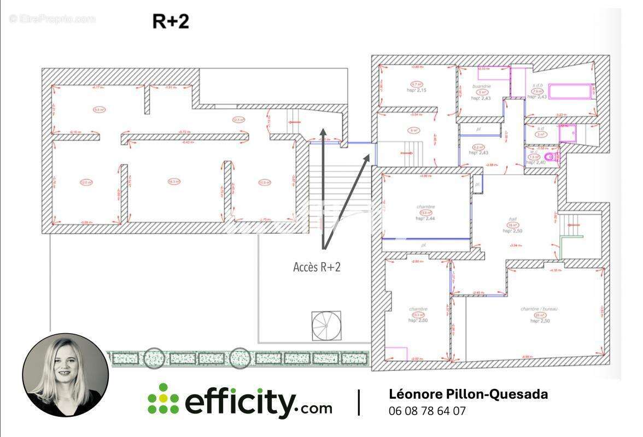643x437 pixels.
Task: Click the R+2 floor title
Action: tap(170, 21)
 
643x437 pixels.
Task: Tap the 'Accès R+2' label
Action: tap(317, 267)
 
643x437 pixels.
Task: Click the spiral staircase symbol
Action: tap(326, 326)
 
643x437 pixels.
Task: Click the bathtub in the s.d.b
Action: tap(570, 91)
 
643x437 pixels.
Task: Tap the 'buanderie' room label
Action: tap(482, 86)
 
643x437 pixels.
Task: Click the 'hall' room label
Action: tap(513, 219)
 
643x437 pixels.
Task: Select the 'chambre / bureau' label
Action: tap(539, 309)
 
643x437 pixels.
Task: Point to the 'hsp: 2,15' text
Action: tap(417, 90)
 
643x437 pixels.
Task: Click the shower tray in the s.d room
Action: tap(568, 133)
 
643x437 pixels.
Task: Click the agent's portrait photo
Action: tap(66, 375)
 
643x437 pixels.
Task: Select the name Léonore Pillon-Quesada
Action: tap(468, 394)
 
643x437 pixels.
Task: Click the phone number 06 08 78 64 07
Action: tap(427, 411)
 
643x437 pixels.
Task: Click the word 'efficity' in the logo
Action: tap(241, 401)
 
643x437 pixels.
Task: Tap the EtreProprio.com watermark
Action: tap(52, 19)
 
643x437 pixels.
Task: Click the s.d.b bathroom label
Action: tap(537, 86)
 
